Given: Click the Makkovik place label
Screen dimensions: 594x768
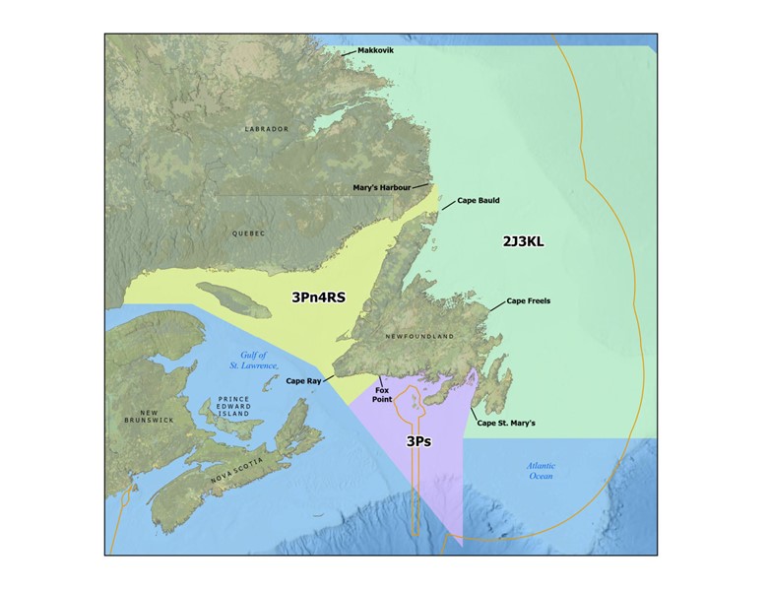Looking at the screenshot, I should point(375,50).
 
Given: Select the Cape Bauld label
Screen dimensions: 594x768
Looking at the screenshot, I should point(479,201).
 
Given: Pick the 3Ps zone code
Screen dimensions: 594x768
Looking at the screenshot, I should point(419,442).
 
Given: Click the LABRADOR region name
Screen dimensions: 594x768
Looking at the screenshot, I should point(267,129).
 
